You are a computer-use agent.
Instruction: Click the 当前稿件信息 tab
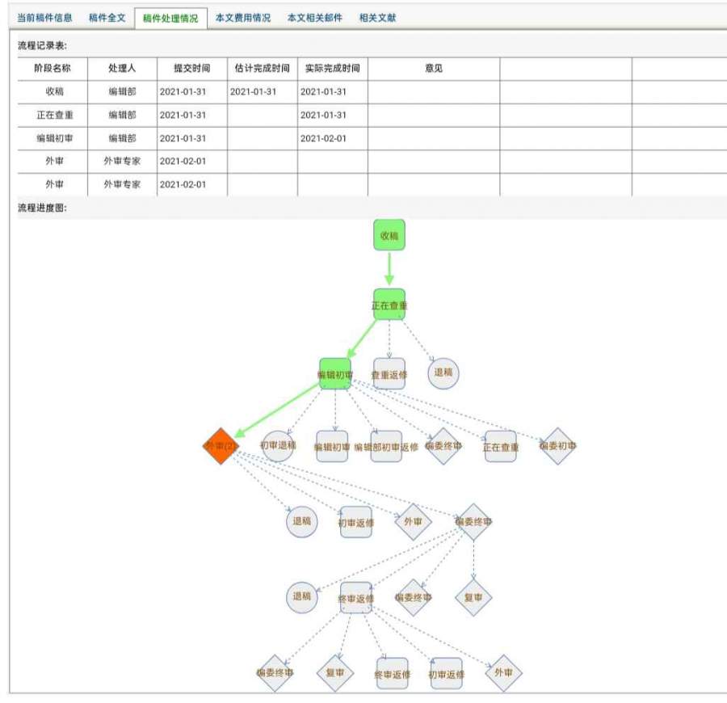point(44,18)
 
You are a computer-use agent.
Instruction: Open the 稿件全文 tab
point(107,18)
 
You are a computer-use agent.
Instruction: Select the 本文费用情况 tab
point(242,18)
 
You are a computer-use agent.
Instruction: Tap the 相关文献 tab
point(377,18)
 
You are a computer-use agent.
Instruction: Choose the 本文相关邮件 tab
point(314,18)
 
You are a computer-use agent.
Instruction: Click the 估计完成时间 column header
point(262,69)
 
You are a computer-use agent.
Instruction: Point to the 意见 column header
point(434,69)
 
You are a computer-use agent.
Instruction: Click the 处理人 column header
point(122,69)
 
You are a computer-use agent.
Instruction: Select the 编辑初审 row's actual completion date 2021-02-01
point(323,138)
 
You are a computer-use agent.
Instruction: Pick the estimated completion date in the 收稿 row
point(253,92)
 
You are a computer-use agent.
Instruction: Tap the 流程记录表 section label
point(43,45)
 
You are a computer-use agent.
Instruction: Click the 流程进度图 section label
point(43,208)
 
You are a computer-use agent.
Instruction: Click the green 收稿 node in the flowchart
point(389,235)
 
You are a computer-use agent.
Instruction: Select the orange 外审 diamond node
point(221,445)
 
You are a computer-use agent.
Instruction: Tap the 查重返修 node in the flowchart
point(389,374)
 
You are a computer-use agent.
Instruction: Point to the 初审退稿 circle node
point(278,445)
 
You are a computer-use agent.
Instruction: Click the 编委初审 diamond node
point(557,446)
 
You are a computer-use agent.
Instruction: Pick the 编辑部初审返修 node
point(386,446)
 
